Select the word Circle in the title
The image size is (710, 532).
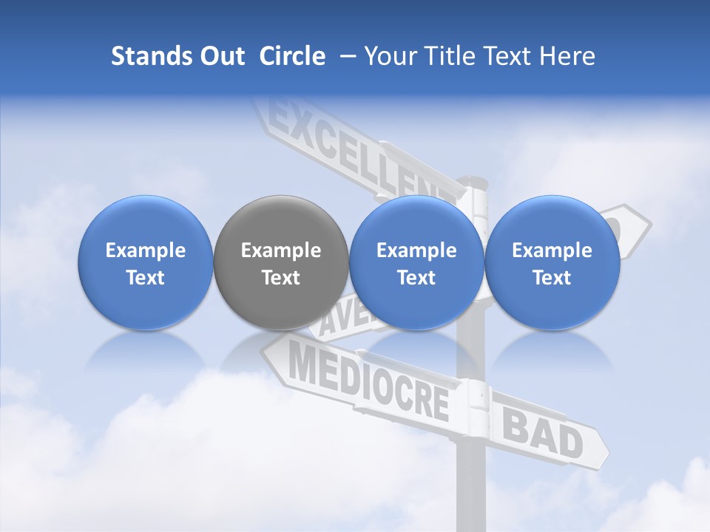[x=292, y=56]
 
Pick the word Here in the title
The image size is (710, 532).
[x=568, y=56]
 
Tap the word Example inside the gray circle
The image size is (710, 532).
[x=281, y=250]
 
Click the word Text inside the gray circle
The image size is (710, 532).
[x=281, y=278]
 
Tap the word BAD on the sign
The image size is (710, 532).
[x=543, y=434]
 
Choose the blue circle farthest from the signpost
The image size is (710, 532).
[x=146, y=262]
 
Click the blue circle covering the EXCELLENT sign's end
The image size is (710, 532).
[x=416, y=262]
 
